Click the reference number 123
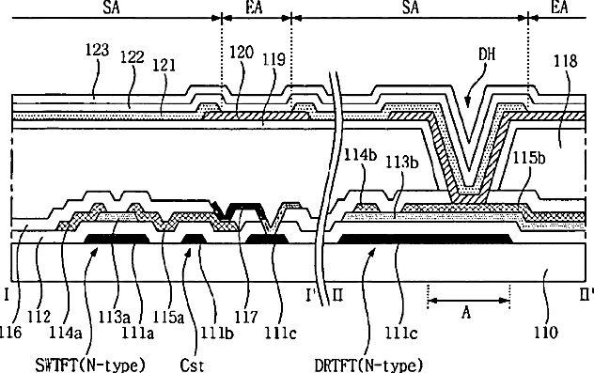[98, 50]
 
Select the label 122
[133, 57]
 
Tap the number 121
[164, 66]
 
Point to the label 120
[242, 53]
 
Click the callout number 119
[274, 59]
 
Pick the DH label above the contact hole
[487, 54]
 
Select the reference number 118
[566, 61]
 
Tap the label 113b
[402, 163]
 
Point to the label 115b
[529, 158]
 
